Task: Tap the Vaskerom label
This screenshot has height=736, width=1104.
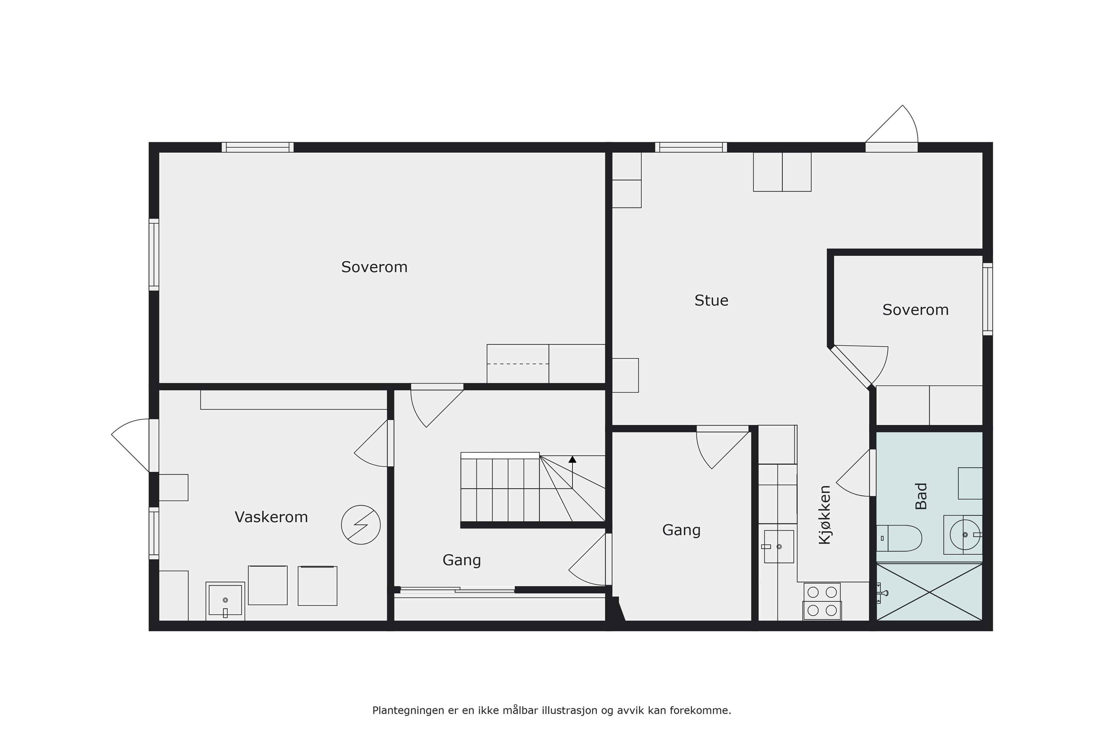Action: (271, 517)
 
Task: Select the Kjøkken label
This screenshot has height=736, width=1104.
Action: (825, 515)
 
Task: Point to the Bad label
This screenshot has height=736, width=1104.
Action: (921, 496)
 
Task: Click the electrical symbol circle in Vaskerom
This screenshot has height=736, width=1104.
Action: (361, 525)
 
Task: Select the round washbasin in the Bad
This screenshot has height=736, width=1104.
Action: (965, 535)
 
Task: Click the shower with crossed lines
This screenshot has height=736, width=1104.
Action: (929, 592)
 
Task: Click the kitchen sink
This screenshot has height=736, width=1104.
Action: (779, 546)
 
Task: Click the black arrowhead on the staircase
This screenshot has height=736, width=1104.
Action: (572, 459)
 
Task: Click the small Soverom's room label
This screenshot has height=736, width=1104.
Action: (915, 310)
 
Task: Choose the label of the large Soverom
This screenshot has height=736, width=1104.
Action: (374, 267)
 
